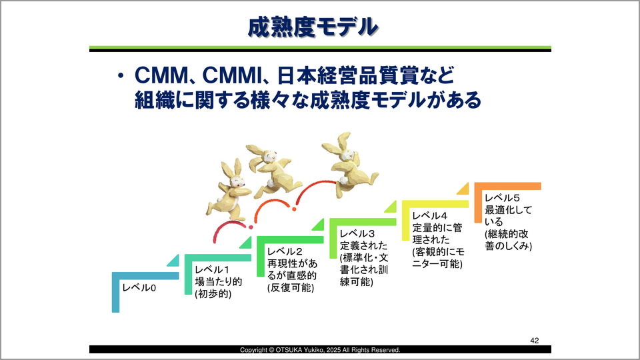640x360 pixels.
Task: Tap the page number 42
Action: click(x=535, y=340)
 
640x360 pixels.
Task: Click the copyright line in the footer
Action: click(x=320, y=350)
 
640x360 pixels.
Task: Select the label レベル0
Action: click(x=138, y=288)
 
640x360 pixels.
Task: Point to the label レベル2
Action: click(x=285, y=251)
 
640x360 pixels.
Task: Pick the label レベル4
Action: click(x=429, y=215)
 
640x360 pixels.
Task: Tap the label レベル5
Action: click(x=501, y=198)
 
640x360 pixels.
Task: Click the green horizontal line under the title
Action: click(x=320, y=47)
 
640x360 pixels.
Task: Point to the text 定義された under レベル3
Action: click(x=362, y=245)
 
